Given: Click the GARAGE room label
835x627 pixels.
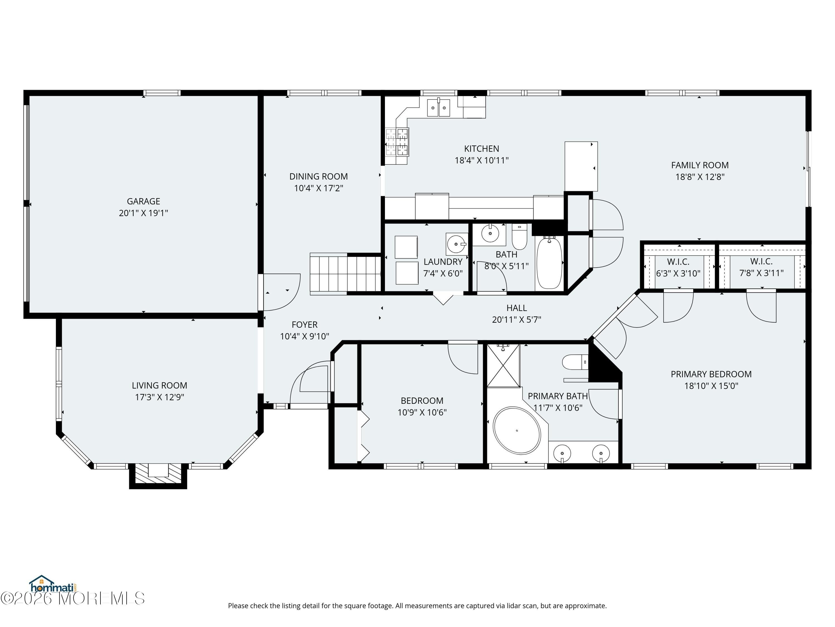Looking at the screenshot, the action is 143,201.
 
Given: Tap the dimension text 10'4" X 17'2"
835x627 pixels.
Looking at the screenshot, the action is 319,188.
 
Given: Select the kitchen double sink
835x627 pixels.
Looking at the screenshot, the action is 438,108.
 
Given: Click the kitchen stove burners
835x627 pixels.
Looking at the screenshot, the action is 397,142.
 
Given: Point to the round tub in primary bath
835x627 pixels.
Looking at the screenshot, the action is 517,431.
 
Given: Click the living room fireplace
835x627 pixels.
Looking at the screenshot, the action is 158,475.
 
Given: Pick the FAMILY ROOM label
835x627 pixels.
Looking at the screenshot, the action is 700,165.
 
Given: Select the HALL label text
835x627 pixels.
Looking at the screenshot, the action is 516,308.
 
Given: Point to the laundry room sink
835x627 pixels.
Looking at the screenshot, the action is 456,244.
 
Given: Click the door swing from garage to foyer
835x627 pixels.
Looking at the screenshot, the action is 281,292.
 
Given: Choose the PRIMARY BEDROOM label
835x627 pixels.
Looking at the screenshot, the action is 711,374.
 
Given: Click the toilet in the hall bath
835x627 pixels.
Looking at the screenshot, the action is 519,237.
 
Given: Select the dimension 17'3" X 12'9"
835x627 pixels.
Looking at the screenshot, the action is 160,397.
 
